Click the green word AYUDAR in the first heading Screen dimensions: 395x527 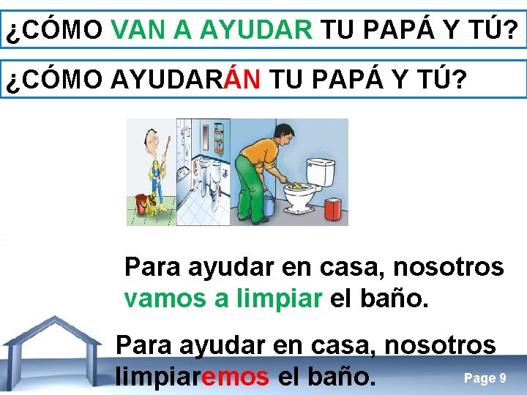(255, 30)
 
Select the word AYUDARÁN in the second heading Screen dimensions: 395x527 (186, 80)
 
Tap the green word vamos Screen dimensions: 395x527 (162, 298)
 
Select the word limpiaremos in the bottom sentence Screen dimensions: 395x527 (193, 377)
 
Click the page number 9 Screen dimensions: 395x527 (501, 378)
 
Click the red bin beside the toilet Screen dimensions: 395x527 (334, 208)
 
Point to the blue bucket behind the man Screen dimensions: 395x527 (266, 205)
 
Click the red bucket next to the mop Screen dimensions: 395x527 (141, 202)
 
